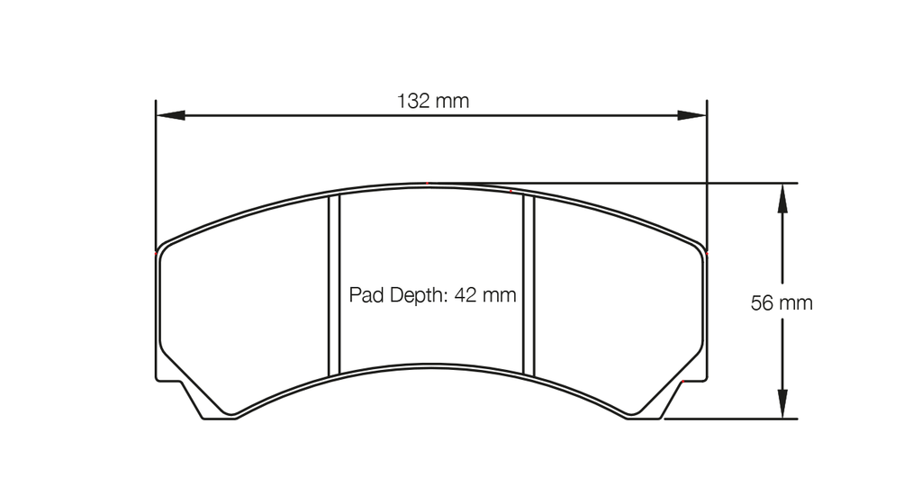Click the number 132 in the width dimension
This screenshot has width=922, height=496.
point(413,101)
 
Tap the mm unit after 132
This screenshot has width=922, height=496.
point(452,101)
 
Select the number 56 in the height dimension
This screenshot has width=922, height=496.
point(762,303)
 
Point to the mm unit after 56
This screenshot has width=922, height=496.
point(796,303)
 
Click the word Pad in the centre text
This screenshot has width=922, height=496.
point(366,294)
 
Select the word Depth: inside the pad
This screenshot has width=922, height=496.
point(416,294)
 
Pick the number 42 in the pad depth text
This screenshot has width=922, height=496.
point(467,294)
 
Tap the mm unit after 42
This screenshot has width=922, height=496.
point(501,294)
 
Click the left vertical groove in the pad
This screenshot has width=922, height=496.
point(334,285)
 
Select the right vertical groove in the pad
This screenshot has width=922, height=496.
point(529,285)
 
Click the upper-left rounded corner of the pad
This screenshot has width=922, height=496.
point(162,249)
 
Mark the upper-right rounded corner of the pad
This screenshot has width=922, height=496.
point(701,249)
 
